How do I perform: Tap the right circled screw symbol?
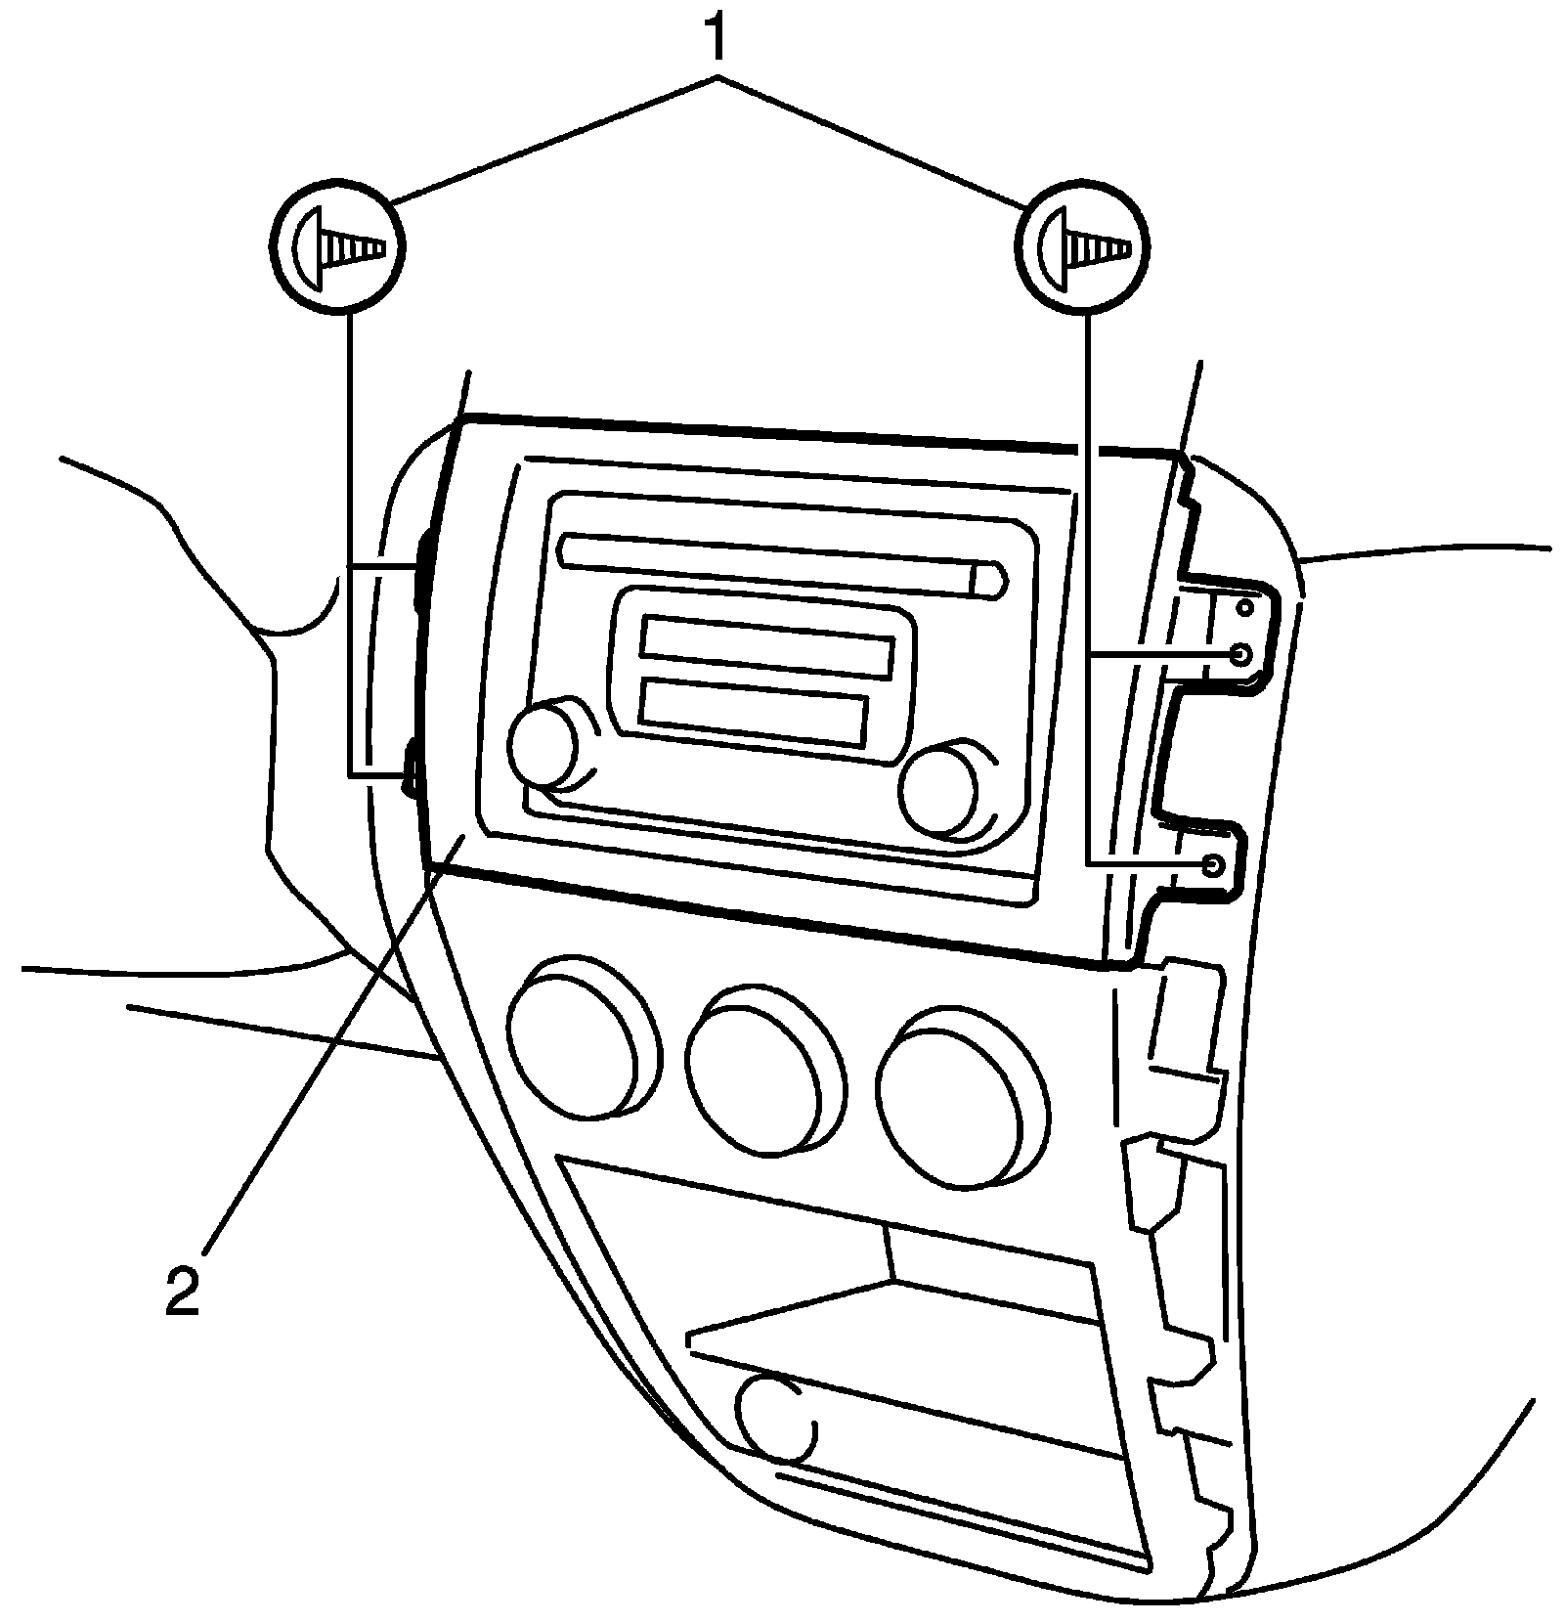[x=1084, y=245]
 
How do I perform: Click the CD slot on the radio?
[x=772, y=564]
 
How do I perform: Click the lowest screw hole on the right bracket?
[x=1213, y=865]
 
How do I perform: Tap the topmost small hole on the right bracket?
[x=1245, y=608]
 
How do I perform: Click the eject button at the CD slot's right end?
[x=988, y=580]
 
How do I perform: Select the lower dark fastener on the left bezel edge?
[x=412, y=763]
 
